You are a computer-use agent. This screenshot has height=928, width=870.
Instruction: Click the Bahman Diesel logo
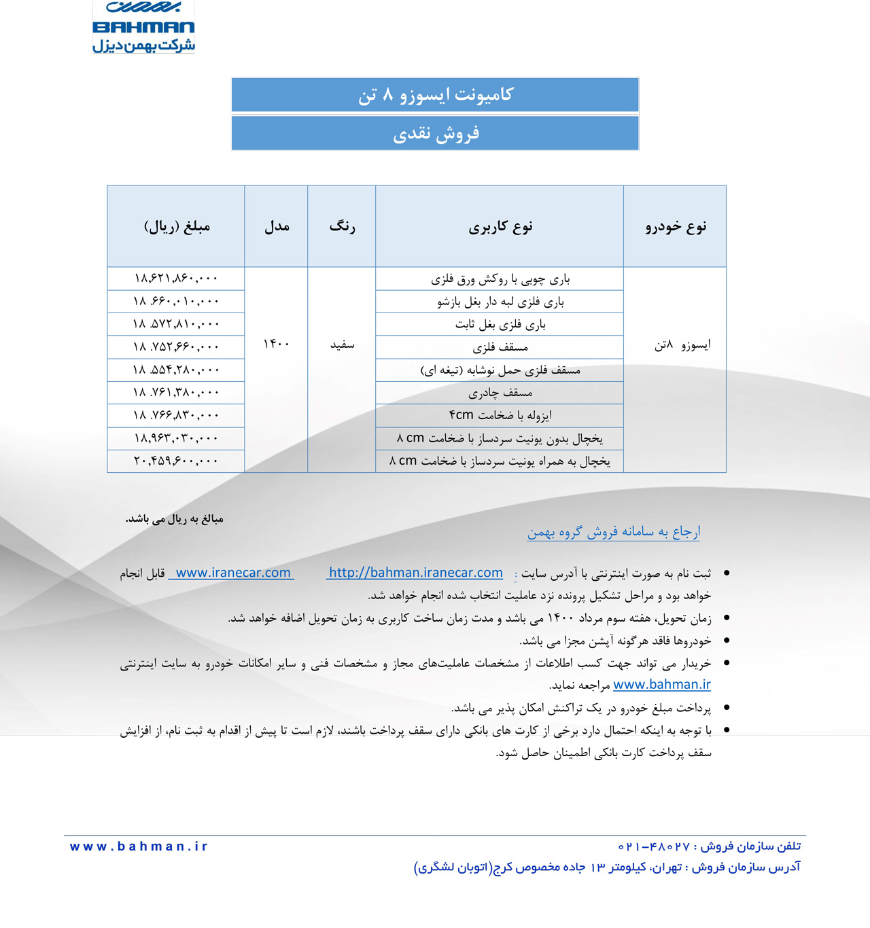[143, 27]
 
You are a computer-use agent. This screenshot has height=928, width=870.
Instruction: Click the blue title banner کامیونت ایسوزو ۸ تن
[435, 94]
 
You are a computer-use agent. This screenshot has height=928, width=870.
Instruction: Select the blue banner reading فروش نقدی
[435, 133]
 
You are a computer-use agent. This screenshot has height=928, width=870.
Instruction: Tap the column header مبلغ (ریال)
[176, 226]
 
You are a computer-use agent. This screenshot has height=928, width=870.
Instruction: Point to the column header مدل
[276, 226]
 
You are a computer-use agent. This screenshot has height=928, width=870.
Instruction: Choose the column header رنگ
[342, 226]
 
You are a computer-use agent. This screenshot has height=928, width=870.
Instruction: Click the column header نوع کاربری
[500, 226]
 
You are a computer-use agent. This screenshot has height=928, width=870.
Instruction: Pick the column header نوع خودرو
[675, 226]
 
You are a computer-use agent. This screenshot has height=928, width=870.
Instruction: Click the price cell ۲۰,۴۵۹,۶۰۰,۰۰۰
[176, 461]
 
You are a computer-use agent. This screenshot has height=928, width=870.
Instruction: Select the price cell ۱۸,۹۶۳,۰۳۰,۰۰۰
[176, 438]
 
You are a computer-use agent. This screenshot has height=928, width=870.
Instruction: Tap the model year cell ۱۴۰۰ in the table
[276, 344]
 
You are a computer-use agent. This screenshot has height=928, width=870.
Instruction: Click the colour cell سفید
[342, 345]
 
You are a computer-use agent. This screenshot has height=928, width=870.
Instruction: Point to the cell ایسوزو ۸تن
[682, 345]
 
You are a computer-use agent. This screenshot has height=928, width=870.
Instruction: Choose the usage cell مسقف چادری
[500, 393]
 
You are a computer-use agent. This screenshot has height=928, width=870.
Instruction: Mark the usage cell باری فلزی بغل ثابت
[500, 324]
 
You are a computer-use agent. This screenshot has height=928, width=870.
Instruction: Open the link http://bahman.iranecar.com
[415, 573]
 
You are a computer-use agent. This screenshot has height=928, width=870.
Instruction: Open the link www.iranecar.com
[232, 573]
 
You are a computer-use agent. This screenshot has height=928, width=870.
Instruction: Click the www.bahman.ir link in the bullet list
[661, 685]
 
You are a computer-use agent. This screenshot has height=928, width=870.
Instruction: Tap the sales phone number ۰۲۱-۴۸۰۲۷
[654, 846]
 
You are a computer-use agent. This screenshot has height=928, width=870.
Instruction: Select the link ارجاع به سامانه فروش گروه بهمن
[613, 532]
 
